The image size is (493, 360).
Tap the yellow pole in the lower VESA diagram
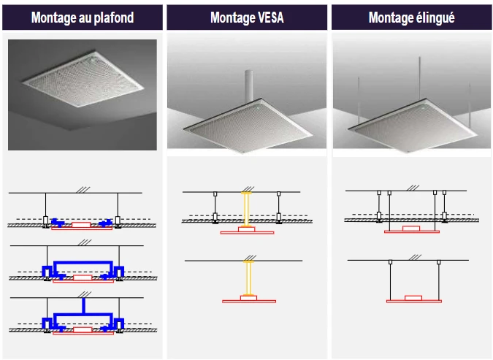click(247, 278)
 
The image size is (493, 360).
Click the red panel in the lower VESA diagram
click(248, 300)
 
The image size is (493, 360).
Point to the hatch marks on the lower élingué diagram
click(413, 257)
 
